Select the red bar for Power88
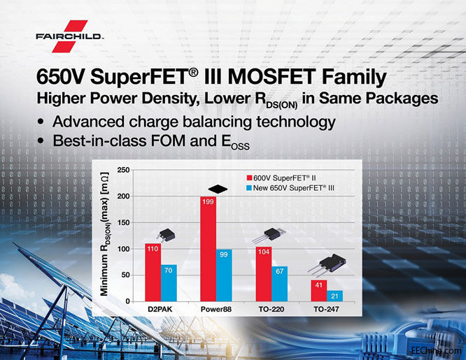(209, 249)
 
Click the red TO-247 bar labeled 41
(319, 291)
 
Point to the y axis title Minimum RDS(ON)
(106, 236)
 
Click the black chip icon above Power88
(217, 187)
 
